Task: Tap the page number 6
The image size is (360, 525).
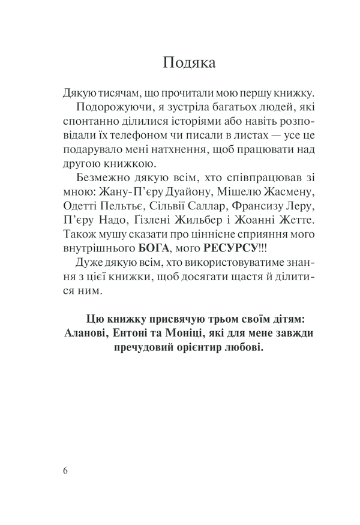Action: (65, 470)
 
